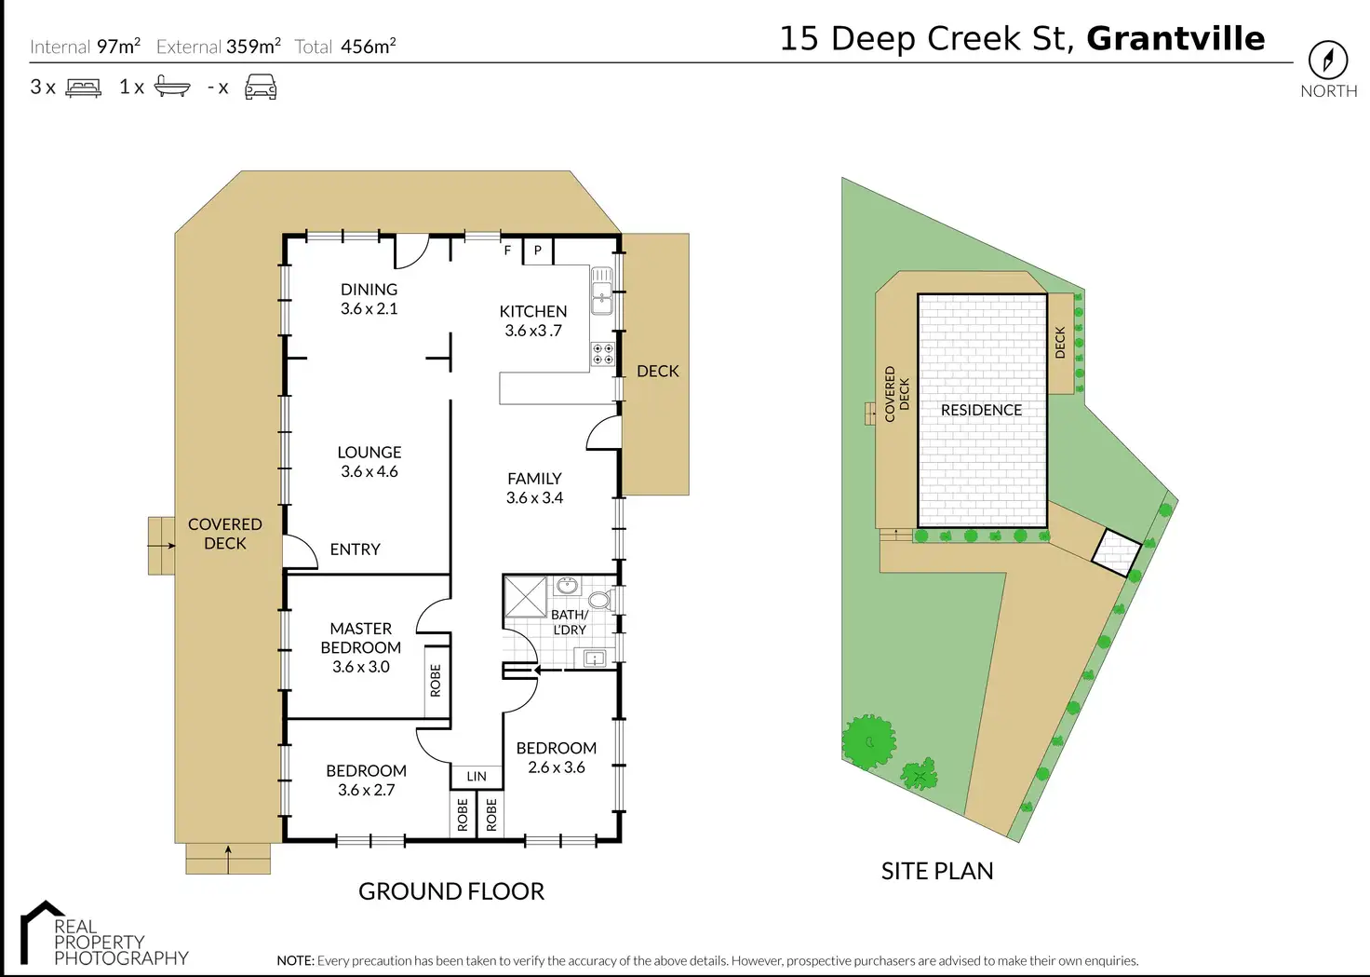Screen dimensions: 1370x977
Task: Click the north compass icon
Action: pos(1328,60)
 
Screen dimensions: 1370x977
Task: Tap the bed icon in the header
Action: pos(84,88)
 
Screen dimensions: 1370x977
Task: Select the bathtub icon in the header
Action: pos(172,88)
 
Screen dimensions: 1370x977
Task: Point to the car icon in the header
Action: pos(261,88)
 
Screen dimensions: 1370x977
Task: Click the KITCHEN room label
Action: pos(532,311)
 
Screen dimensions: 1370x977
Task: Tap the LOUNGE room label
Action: pos(369,452)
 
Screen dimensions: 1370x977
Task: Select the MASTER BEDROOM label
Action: pos(361,638)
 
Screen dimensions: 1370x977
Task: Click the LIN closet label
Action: pos(477,776)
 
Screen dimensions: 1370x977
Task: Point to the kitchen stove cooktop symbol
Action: pos(603,353)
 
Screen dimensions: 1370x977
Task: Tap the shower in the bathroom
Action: pos(526,596)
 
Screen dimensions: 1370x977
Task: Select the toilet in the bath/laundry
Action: pos(600,600)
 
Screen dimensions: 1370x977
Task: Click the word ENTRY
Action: pos(355,550)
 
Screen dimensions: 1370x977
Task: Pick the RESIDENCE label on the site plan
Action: pos(981,410)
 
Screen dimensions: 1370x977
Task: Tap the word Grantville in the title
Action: pos(1175,38)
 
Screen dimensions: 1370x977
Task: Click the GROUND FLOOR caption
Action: pos(451,891)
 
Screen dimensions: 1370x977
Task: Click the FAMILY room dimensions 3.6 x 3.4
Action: pos(534,498)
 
